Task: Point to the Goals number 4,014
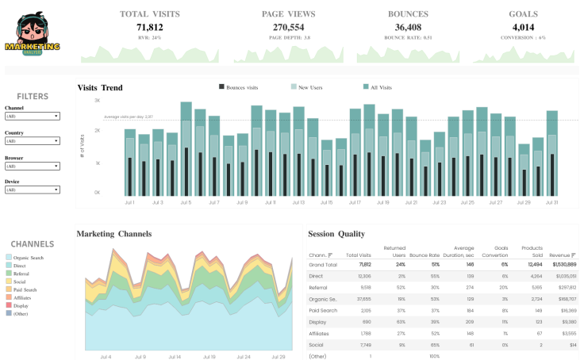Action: (518, 27)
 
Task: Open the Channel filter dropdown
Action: (33, 116)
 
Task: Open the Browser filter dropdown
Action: (33, 166)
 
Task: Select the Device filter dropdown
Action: (33, 190)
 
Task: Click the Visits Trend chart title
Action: (100, 87)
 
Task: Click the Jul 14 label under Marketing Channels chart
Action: (174, 357)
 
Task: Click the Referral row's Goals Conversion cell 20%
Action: (501, 288)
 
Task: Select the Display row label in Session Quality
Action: (317, 323)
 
